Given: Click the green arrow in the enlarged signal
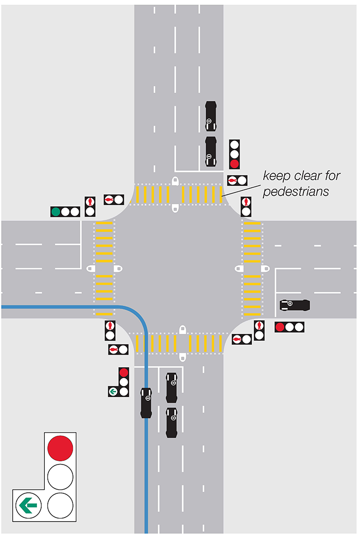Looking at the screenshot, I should (27, 505).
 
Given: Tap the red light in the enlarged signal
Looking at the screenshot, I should (60, 448).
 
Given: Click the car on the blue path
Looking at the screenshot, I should (147, 402).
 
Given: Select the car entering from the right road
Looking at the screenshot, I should (295, 305).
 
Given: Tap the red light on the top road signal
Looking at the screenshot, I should (235, 164).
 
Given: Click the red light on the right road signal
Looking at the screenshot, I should (280, 327).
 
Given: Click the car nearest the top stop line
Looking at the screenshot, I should (211, 151).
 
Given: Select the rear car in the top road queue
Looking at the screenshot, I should (211, 116).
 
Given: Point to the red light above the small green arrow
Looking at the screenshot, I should (123, 372).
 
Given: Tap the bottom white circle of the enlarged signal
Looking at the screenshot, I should (60, 505).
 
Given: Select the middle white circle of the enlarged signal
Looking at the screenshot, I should (60, 476).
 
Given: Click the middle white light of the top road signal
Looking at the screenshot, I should (235, 154).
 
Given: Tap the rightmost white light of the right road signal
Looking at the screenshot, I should (299, 327).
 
